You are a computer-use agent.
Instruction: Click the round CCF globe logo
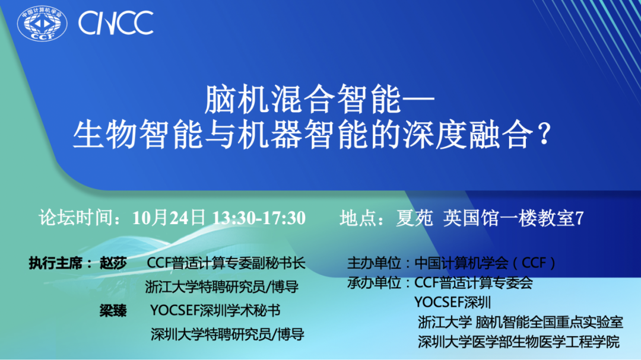click(x=42, y=24)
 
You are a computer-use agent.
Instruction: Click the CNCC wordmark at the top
click(x=116, y=24)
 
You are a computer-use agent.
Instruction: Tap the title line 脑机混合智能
click(x=303, y=100)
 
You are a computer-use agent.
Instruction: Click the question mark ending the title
click(x=541, y=136)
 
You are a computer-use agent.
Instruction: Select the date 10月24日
click(x=169, y=218)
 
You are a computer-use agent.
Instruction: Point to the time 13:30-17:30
click(x=259, y=218)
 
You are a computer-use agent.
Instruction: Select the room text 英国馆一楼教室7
click(x=514, y=218)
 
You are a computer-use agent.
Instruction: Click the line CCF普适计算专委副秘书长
click(x=226, y=263)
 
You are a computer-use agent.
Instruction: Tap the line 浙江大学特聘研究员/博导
click(x=221, y=287)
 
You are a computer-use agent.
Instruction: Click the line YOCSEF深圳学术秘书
click(x=215, y=310)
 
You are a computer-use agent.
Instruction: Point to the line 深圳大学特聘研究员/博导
click(x=227, y=334)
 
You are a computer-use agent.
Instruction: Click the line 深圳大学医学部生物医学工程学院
click(x=518, y=342)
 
